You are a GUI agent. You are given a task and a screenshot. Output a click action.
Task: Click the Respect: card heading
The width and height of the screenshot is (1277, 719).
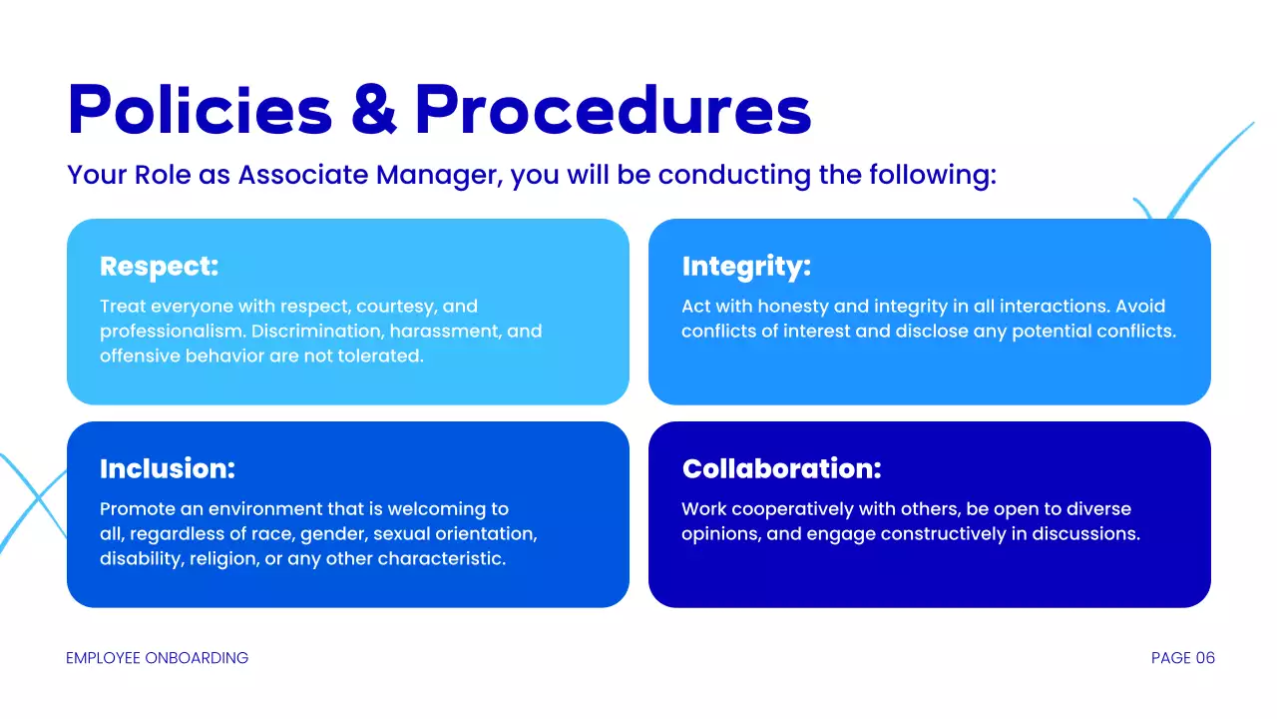(x=159, y=267)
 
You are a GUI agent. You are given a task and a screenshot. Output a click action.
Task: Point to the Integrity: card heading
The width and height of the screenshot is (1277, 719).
(x=746, y=267)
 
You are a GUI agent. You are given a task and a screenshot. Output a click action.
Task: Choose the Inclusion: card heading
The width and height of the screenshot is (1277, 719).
(x=168, y=468)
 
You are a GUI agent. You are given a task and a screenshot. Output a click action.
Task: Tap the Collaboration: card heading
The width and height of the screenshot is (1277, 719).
(x=781, y=468)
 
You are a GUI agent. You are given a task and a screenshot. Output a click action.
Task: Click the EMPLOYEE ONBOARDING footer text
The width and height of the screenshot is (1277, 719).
(x=157, y=658)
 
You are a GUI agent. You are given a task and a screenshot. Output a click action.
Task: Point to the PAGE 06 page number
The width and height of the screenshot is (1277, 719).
(x=1182, y=658)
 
